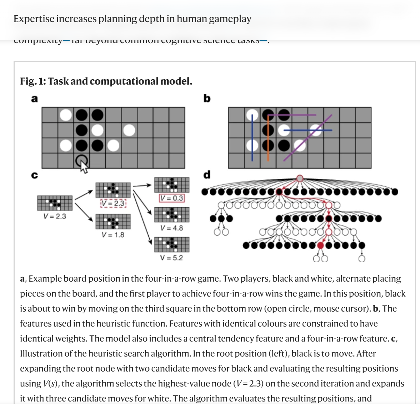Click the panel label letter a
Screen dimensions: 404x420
(34, 99)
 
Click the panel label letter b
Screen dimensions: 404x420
(207, 98)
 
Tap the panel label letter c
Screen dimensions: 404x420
(34, 175)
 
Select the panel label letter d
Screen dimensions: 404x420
(207, 175)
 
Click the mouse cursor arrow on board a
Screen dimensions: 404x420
(84, 167)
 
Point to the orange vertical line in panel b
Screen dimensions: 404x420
(268, 137)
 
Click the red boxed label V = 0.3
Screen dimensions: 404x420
(172, 198)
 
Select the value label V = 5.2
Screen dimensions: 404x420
(171, 258)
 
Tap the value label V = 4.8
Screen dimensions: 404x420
(172, 228)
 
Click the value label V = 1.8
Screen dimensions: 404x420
(113, 234)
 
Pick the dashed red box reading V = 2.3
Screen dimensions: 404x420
(113, 203)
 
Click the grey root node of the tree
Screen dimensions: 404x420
(300, 178)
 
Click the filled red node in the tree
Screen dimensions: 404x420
(320, 246)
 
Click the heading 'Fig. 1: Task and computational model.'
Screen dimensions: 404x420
(106, 81)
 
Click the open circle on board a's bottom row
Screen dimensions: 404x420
(81, 161)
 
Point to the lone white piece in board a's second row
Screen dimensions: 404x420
(129, 130)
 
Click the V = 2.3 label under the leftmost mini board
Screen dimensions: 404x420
(55, 216)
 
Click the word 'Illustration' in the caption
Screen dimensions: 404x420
(40, 354)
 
